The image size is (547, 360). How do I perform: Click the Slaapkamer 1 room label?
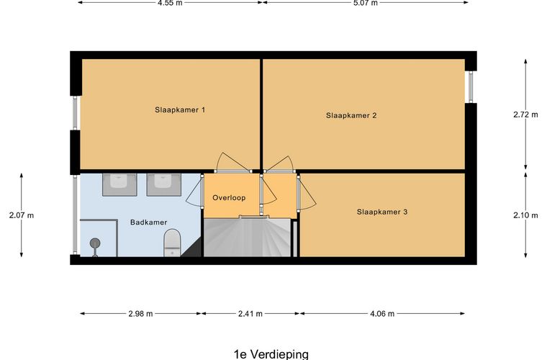[181, 110]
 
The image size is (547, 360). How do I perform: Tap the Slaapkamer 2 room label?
[352, 114]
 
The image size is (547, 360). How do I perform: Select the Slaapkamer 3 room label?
[382, 212]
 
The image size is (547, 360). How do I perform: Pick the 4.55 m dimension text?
[170, 3]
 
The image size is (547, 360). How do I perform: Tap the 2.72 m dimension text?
[525, 114]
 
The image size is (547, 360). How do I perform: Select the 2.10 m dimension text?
[525, 214]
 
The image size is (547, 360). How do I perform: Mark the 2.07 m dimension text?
[22, 215]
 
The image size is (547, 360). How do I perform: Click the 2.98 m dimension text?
[140, 314]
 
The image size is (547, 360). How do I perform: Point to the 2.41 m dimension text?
[250, 314]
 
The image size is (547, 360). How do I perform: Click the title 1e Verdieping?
[271, 354]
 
